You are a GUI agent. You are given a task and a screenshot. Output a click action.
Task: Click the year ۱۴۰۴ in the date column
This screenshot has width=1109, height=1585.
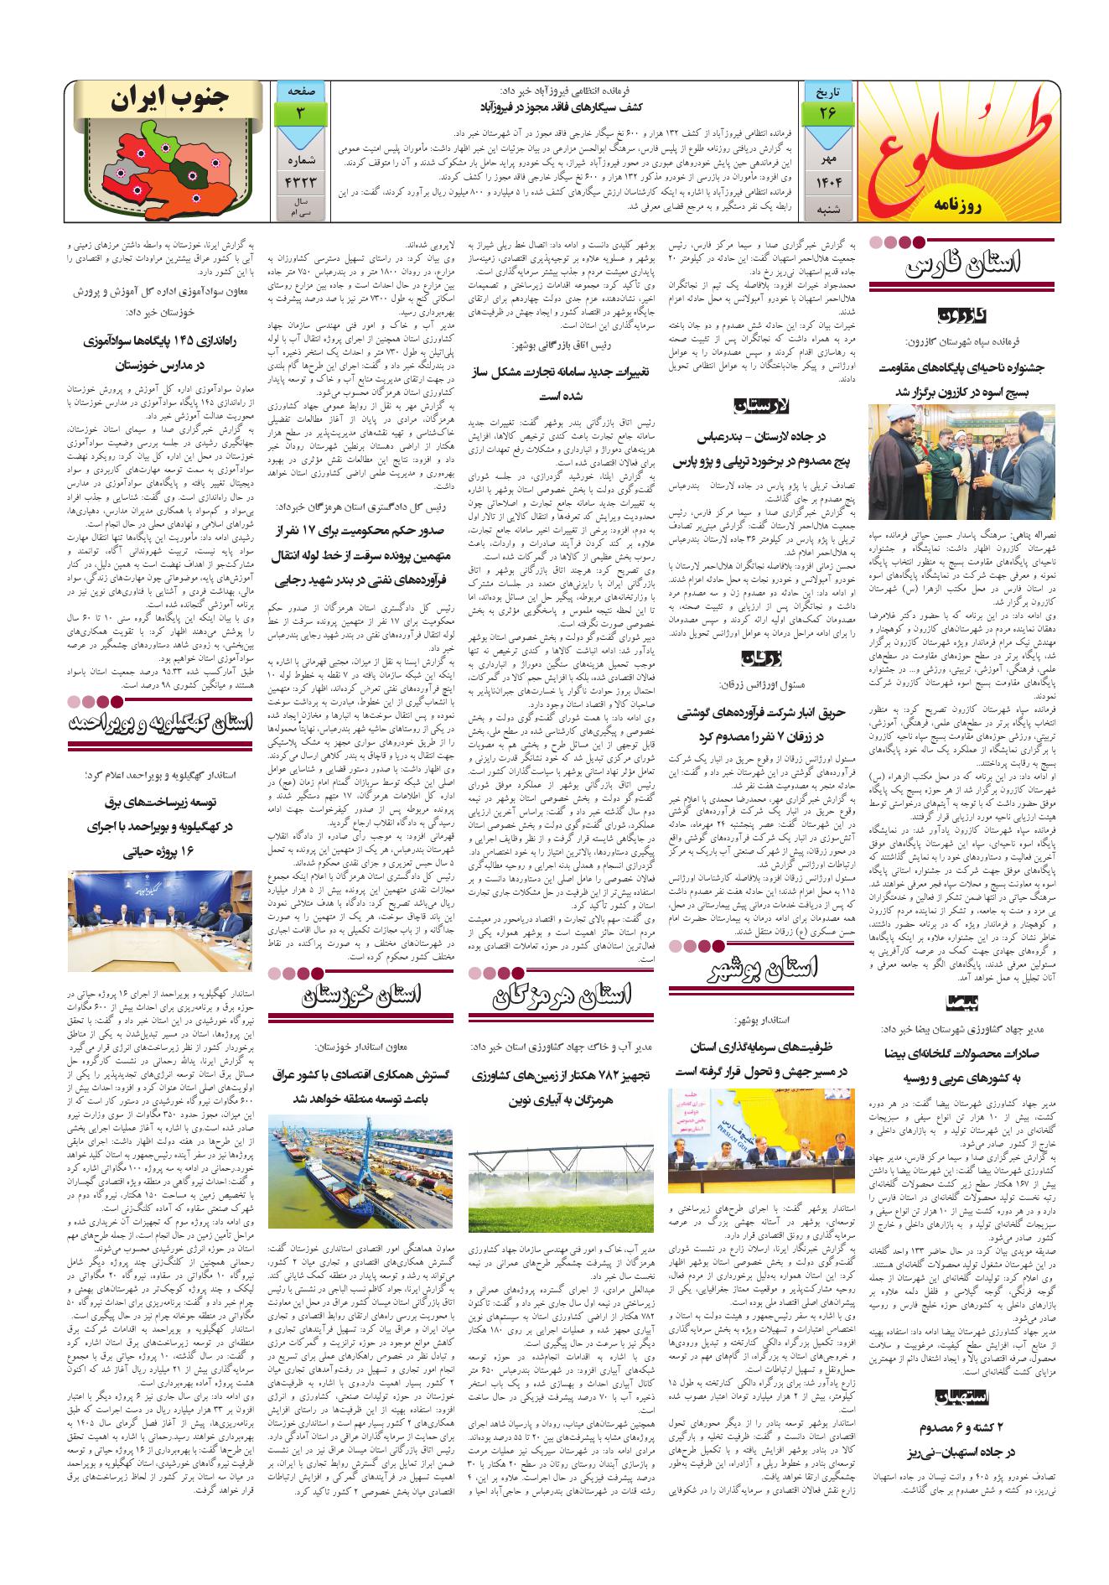pyautogui.click(x=827, y=180)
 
